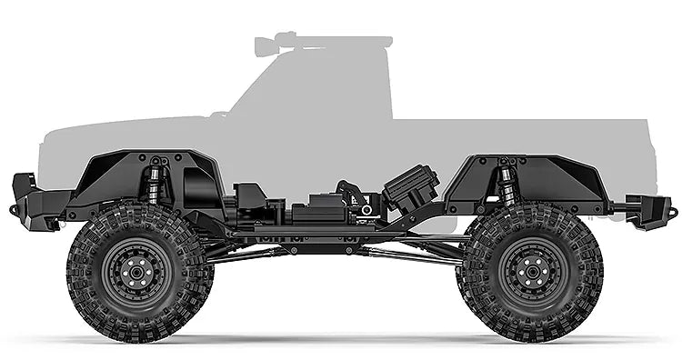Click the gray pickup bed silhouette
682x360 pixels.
[x=527, y=136]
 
